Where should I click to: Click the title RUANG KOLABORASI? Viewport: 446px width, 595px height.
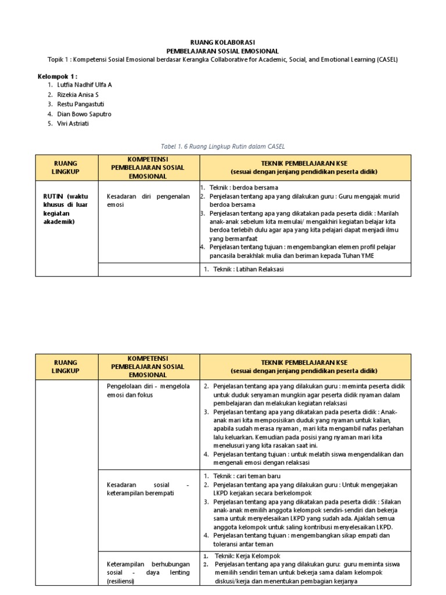(222, 42)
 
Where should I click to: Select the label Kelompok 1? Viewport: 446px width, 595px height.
(57, 76)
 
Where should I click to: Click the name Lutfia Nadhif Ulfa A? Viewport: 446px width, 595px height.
(84, 85)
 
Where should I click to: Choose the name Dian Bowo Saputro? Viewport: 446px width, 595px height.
(84, 114)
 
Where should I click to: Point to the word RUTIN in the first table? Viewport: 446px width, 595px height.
(52, 196)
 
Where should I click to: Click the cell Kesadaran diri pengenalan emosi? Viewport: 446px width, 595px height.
(148, 200)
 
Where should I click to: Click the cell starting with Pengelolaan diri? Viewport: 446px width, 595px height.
(148, 390)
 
